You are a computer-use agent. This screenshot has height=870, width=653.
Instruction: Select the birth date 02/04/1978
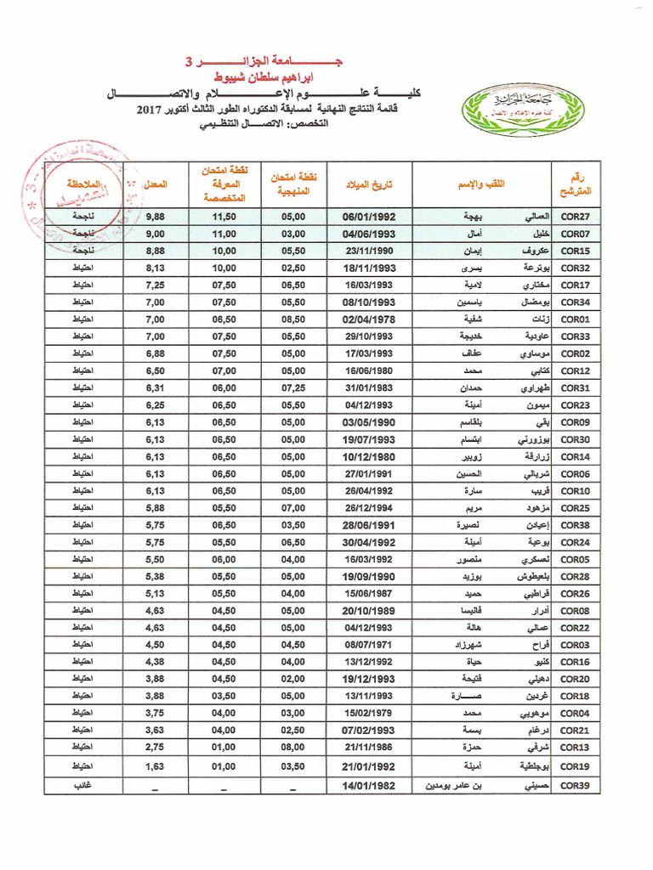pyautogui.click(x=369, y=319)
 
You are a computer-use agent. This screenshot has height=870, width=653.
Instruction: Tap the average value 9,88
pyautogui.click(x=156, y=217)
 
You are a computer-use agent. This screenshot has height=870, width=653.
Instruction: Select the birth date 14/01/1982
pyautogui.click(x=369, y=785)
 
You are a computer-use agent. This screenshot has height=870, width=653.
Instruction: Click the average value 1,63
pyautogui.click(x=156, y=765)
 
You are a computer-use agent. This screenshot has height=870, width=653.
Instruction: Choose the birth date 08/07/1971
pyautogui.click(x=369, y=644)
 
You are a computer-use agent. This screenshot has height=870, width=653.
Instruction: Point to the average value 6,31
pyautogui.click(x=156, y=387)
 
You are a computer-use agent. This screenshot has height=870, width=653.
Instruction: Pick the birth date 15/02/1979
pyautogui.click(x=369, y=712)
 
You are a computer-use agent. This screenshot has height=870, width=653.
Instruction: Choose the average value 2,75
pyautogui.click(x=156, y=747)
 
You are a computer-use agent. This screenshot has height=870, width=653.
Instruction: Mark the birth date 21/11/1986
pyautogui.click(x=369, y=747)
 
